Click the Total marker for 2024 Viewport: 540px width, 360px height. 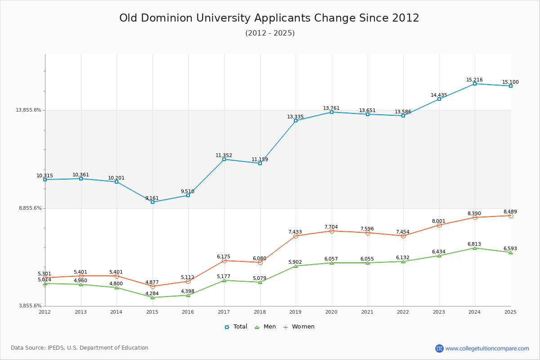pyautogui.click(x=475, y=84)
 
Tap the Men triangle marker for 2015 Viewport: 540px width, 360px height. pyautogui.click(x=153, y=297)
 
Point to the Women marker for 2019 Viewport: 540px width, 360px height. pyautogui.click(x=296, y=236)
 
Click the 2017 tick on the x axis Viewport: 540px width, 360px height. pyautogui.click(x=224, y=312)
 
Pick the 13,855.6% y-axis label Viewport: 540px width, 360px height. pyautogui.click(x=29, y=110)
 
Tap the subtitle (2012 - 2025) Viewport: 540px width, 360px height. pyautogui.click(x=270, y=33)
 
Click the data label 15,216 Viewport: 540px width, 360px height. pyautogui.click(x=474, y=80)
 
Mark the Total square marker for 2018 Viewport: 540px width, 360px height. pyautogui.click(x=260, y=163)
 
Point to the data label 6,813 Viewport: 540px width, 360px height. pyautogui.click(x=474, y=244)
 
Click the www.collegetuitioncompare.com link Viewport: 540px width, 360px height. pyautogui.click(x=487, y=348)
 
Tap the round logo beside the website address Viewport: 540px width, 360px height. pyautogui.click(x=439, y=348)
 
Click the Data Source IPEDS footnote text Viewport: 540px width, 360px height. pyautogui.click(x=80, y=348)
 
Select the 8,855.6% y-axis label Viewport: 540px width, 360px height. pyautogui.click(x=30, y=208)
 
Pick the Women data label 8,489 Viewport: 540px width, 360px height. pyautogui.click(x=510, y=212)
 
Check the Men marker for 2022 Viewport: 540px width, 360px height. pyautogui.click(x=403, y=261)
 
